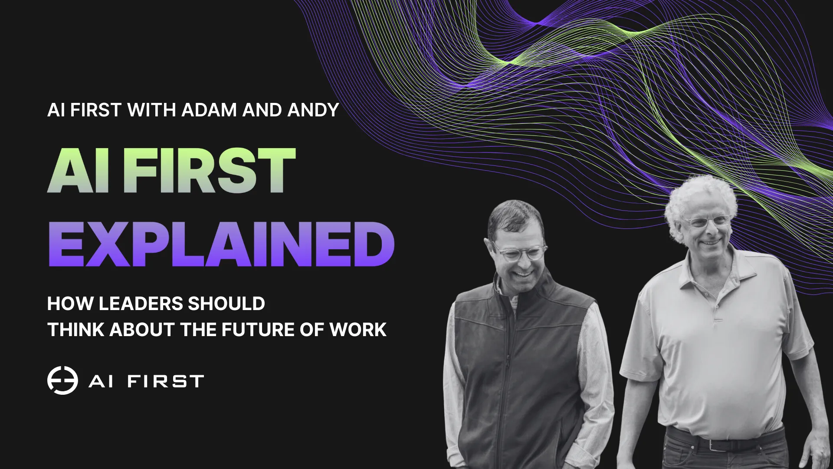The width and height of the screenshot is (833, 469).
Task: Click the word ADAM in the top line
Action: click(210, 110)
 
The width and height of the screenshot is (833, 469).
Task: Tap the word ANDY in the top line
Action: click(313, 110)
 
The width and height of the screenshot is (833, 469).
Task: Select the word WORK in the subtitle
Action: click(358, 330)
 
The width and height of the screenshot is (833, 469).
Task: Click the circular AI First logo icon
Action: click(62, 380)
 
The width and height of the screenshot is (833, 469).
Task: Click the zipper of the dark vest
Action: click(507, 369)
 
